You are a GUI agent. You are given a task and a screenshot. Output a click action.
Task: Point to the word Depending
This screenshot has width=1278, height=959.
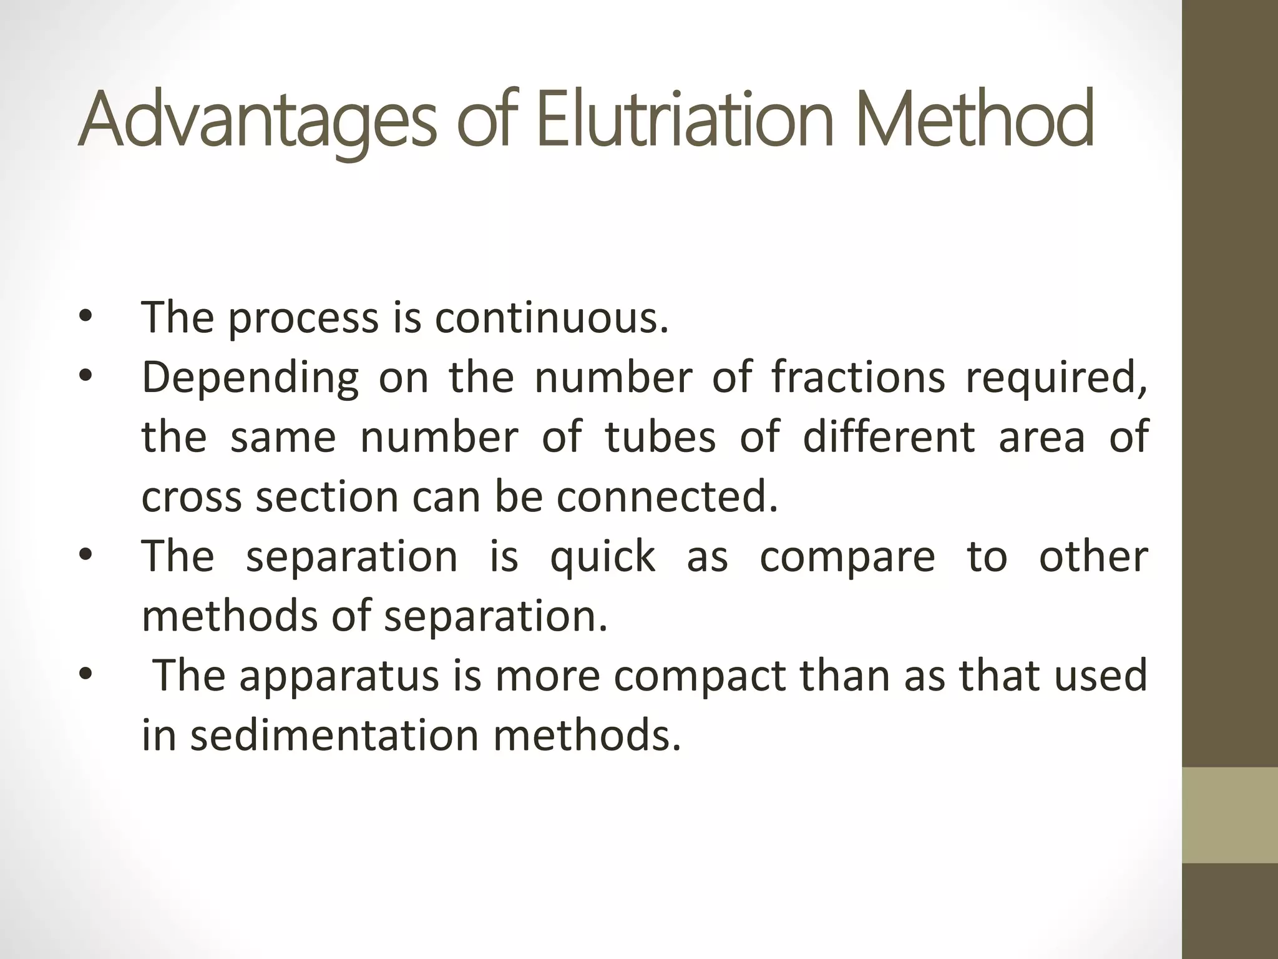click(250, 378)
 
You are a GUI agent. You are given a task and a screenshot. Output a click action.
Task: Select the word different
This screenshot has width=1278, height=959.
click(889, 436)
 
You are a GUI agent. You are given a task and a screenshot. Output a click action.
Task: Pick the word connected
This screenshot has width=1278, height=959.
click(667, 496)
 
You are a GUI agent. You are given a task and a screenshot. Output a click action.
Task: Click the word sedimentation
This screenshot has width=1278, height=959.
click(334, 735)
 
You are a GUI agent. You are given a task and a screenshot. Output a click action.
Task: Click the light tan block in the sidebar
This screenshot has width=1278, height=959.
click(1229, 815)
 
